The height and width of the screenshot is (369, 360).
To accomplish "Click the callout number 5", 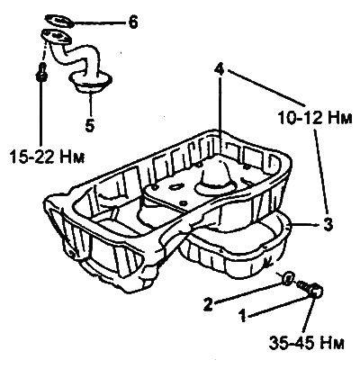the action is click(89, 125).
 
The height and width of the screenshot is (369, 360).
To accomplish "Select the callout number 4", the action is click(220, 69).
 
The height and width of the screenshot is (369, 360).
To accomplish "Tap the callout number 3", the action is click(328, 224).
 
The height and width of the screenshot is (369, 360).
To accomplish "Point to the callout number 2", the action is click(209, 303).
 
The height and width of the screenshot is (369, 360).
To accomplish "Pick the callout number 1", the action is click(242, 316).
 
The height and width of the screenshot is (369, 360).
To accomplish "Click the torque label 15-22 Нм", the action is click(47, 157).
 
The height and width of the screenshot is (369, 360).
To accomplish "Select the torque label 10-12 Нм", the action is click(314, 118).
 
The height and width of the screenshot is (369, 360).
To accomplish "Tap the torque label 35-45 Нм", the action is click(306, 343).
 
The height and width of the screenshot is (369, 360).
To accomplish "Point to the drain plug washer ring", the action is click(287, 278).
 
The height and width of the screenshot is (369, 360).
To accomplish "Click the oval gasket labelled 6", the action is click(58, 21).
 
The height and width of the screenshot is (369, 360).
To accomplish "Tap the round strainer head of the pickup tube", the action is click(90, 82).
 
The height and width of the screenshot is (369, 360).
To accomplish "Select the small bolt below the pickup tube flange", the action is click(41, 72).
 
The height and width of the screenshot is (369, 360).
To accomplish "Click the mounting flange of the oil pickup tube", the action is click(56, 36).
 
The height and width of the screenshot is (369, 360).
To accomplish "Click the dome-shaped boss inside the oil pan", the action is click(214, 178).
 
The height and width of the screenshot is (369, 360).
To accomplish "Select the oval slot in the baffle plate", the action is click(175, 187).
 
